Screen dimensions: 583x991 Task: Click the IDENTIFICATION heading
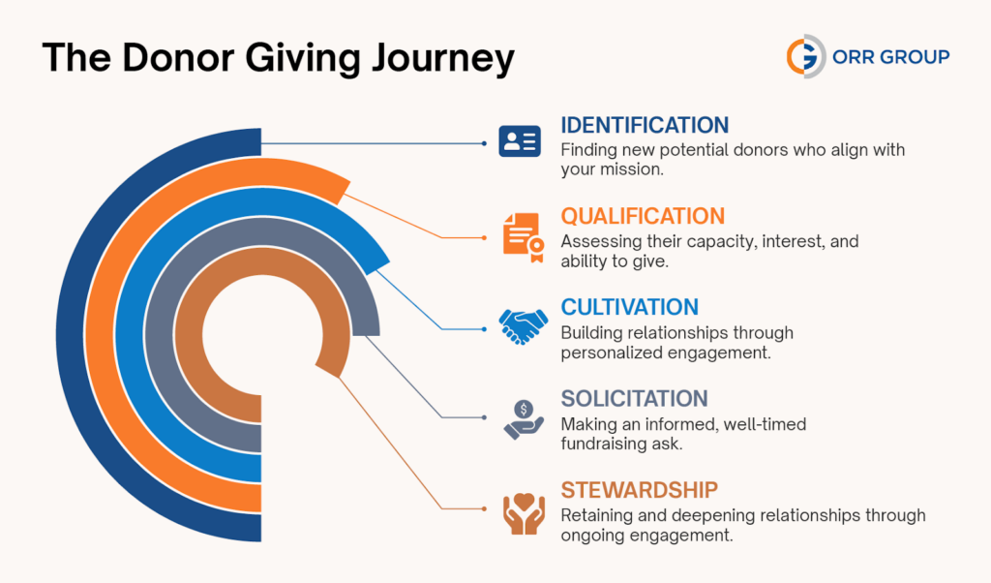click(645, 126)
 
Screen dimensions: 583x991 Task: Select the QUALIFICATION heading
click(643, 216)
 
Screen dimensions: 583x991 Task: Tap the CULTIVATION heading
click(629, 307)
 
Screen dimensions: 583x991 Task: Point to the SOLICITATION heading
click(634, 398)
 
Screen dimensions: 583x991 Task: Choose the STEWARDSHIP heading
click(639, 489)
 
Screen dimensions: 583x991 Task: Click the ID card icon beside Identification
click(519, 142)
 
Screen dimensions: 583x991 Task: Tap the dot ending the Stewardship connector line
click(484, 507)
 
